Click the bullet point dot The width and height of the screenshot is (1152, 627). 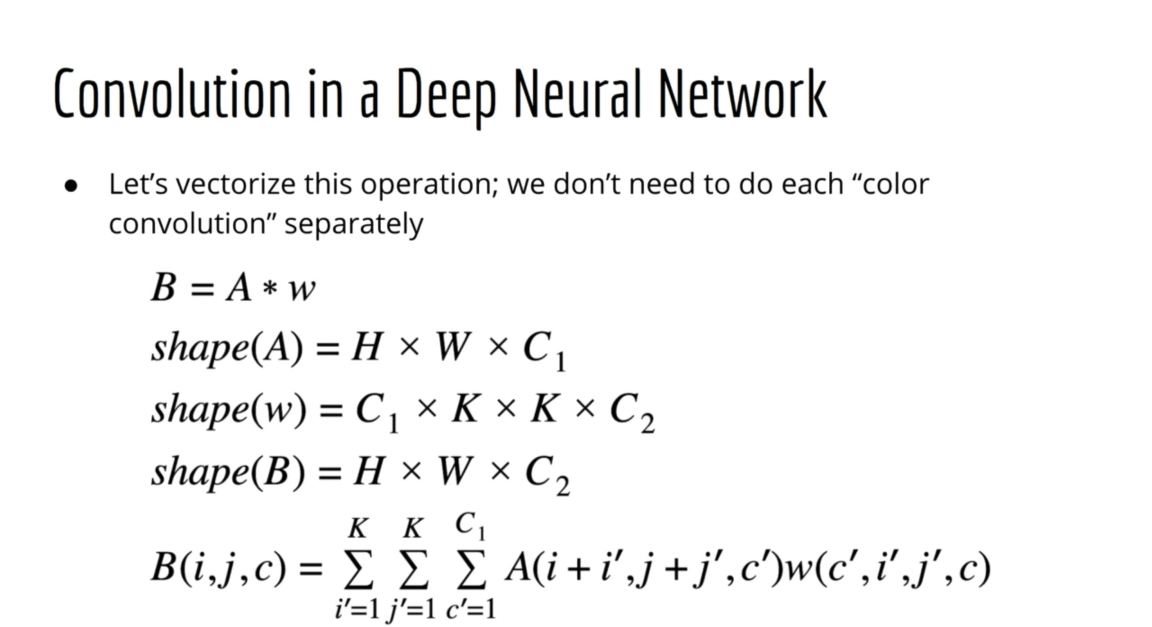click(x=71, y=186)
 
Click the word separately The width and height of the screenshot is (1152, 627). click(x=354, y=224)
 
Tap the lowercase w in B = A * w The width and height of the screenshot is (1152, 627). click(x=302, y=289)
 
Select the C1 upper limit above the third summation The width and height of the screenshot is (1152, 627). click(x=470, y=526)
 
